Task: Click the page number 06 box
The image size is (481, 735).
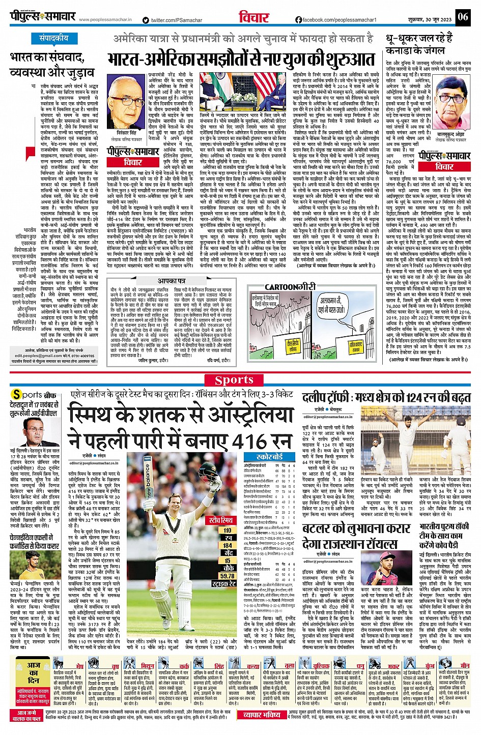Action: [462, 17]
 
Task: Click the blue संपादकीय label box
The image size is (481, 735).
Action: [54, 38]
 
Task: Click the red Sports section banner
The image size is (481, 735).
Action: [234, 379]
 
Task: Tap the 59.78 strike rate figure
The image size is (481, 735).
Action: [228, 576]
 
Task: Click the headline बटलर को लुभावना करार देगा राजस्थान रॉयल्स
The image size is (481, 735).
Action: [356, 536]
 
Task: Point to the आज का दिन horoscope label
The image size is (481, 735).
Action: [34, 672]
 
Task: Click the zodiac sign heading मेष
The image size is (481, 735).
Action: [79, 666]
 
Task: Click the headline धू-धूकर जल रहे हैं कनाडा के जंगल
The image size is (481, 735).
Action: [418, 44]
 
